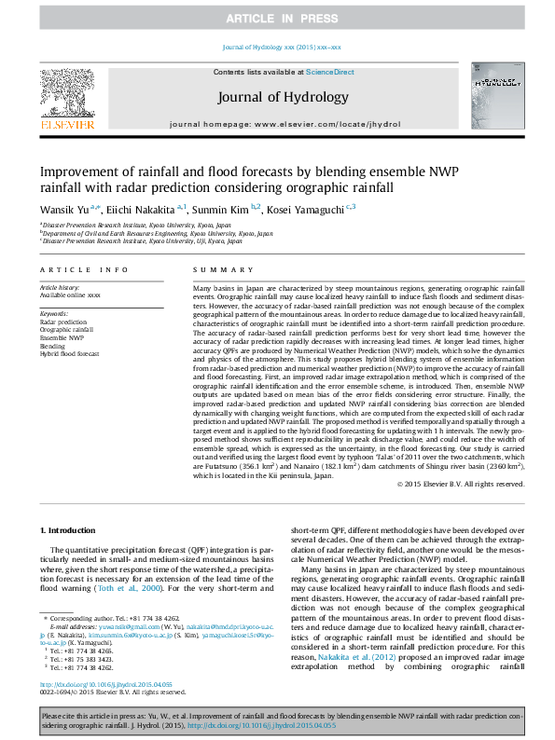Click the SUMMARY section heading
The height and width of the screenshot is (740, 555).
211,270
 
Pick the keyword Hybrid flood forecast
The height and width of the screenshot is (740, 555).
69,354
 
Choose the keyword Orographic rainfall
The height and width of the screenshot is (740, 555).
67,330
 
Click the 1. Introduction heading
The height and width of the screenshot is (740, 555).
70,530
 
